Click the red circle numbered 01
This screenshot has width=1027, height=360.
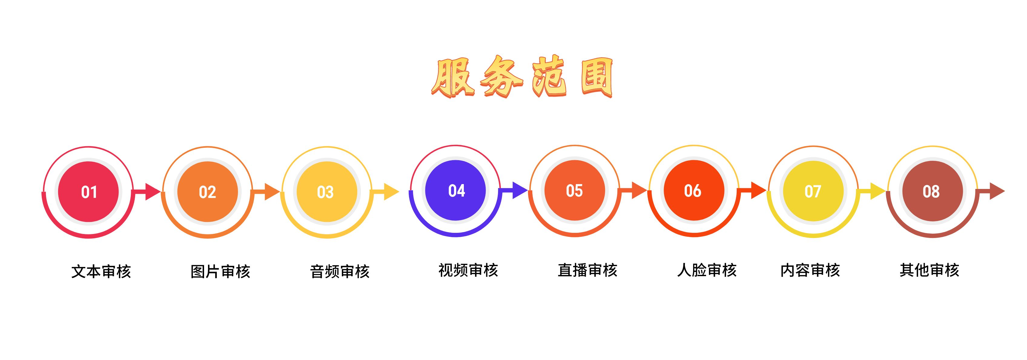pyautogui.click(x=88, y=192)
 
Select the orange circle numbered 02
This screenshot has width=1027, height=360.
pyautogui.click(x=208, y=192)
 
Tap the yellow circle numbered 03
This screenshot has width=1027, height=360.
pyautogui.click(x=327, y=192)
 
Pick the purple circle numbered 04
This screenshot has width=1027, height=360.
pyautogui.click(x=455, y=190)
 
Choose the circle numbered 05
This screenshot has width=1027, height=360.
pyautogui.click(x=574, y=190)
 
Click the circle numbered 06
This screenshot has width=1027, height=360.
pyautogui.click(x=694, y=190)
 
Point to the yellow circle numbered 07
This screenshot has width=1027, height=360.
pyautogui.click(x=813, y=191)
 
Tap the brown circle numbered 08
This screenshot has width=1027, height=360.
pyautogui.click(x=933, y=191)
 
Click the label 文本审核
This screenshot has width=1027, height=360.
pyautogui.click(x=101, y=272)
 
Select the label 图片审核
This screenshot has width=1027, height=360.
pyautogui.click(x=220, y=272)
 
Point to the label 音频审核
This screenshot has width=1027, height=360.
pyautogui.click(x=340, y=272)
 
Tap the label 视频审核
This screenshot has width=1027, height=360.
pyautogui.click(x=468, y=270)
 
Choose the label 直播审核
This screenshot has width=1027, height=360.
pyautogui.click(x=587, y=270)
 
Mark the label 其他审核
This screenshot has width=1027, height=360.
pyautogui.click(x=929, y=270)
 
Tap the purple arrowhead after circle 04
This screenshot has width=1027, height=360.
pyautogui.click(x=520, y=190)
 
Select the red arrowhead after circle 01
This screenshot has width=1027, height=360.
pyautogui.click(x=152, y=192)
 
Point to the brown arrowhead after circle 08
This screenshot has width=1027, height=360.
pyautogui.click(x=997, y=191)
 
